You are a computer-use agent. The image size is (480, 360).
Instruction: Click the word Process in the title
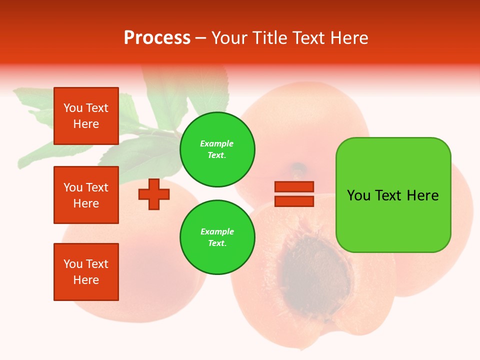157,38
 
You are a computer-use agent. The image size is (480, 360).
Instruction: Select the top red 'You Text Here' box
86,116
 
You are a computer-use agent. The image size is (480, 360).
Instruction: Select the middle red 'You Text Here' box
86,195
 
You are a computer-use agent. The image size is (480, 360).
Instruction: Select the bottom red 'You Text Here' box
86,272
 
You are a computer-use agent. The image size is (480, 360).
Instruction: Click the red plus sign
154,194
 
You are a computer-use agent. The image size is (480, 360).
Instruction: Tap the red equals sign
294,194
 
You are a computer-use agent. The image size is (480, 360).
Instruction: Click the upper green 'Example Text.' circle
217,149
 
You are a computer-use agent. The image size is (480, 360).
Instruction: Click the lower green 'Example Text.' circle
217,237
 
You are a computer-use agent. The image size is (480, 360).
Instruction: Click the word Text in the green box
389,195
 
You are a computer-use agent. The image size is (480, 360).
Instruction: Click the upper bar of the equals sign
294,187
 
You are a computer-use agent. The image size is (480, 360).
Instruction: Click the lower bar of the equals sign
294,201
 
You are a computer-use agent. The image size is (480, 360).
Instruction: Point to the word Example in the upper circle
217,143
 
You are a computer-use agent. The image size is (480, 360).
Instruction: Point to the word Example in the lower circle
217,231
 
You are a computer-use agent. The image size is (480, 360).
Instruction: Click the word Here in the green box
422,195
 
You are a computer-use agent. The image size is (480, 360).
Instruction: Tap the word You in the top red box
73,108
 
